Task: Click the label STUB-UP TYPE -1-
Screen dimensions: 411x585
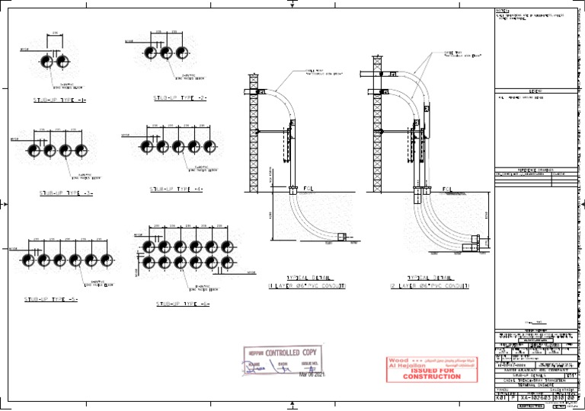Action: coord(59,100)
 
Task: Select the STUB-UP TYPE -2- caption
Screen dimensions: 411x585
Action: coord(181,98)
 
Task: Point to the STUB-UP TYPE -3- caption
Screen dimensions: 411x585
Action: coord(66,193)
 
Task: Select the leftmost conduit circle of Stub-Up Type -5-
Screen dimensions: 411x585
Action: coord(27,260)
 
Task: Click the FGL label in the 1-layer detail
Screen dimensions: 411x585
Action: coord(308,188)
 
